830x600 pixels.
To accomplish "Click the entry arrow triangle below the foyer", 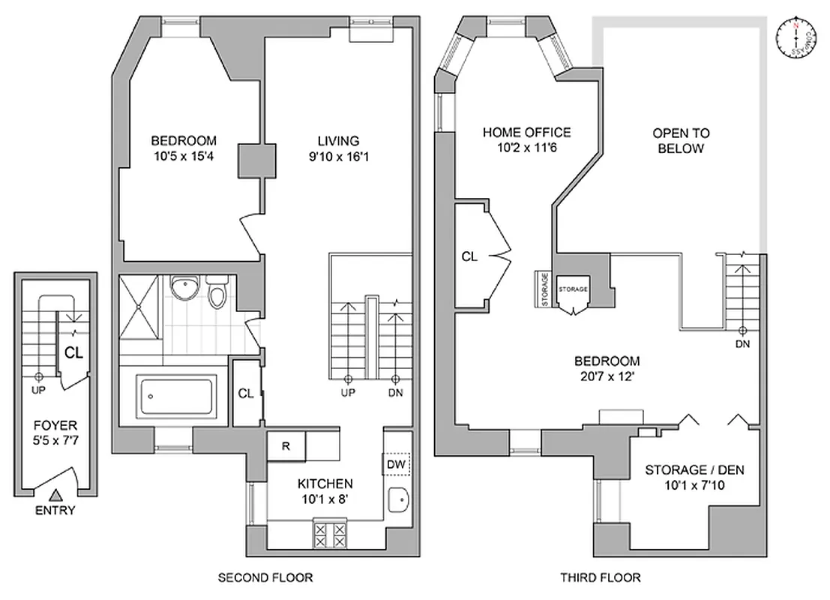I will pyautogui.click(x=55, y=495).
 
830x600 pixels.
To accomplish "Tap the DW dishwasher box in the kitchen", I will pyautogui.click(x=397, y=465).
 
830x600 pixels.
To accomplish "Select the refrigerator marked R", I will pyautogui.click(x=286, y=445).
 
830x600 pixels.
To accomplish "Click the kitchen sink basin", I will pyautogui.click(x=397, y=498).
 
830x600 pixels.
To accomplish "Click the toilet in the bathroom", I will pyautogui.click(x=217, y=293).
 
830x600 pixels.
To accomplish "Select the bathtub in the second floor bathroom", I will pyautogui.click(x=177, y=397).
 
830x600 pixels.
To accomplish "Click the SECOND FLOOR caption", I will pyautogui.click(x=265, y=577).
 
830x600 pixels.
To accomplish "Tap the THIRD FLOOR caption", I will pyautogui.click(x=600, y=577).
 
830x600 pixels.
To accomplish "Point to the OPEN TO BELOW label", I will pyautogui.click(x=681, y=140).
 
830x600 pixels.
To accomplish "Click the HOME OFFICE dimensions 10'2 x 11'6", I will pyautogui.click(x=526, y=148).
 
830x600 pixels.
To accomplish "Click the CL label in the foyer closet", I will pyautogui.click(x=73, y=352).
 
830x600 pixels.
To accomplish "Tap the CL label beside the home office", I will pyautogui.click(x=469, y=257).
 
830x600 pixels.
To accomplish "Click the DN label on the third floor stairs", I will pyautogui.click(x=743, y=344).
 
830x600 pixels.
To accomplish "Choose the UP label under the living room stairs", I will pyautogui.click(x=348, y=393).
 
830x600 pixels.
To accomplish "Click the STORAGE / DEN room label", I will pyautogui.click(x=694, y=470).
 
